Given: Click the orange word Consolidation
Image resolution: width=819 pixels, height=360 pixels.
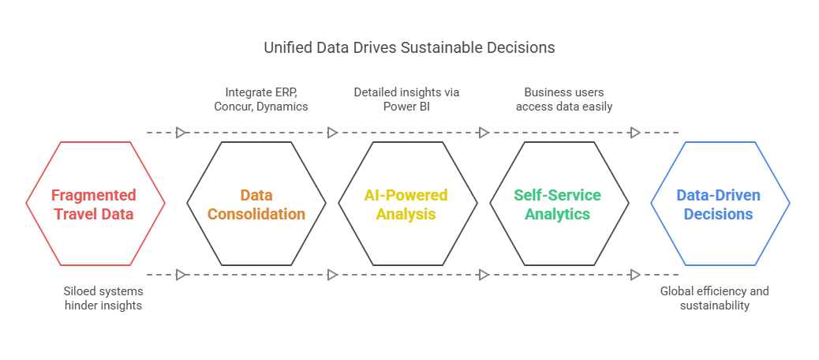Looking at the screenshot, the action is pyautogui.click(x=256, y=214).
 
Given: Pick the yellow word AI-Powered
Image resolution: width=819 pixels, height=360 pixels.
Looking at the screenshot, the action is pyautogui.click(x=406, y=196).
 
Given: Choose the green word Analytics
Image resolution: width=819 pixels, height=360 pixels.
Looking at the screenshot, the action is pyautogui.click(x=558, y=214).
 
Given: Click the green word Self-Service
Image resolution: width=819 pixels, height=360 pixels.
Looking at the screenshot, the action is pyautogui.click(x=557, y=196).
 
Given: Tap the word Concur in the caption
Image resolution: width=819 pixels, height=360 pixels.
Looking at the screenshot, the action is pyautogui.click(x=232, y=107).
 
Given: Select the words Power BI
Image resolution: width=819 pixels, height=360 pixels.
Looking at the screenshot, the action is pyautogui.click(x=406, y=107).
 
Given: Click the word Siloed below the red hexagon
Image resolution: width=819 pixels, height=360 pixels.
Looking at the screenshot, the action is pyautogui.click(x=80, y=291).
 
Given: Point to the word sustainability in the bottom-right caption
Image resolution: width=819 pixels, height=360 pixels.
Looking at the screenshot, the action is pyautogui.click(x=715, y=306).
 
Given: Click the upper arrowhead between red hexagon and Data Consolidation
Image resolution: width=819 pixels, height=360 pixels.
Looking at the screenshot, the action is pyautogui.click(x=181, y=133).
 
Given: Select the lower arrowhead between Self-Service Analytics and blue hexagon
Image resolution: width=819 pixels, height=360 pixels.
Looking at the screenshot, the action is pyautogui.click(x=635, y=275).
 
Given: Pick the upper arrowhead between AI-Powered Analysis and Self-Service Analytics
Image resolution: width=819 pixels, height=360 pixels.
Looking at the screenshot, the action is pyautogui.click(x=484, y=133).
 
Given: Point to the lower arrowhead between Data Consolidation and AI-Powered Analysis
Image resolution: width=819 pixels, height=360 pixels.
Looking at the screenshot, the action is pyautogui.click(x=332, y=275).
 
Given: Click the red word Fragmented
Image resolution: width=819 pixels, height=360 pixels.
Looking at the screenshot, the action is pyautogui.click(x=94, y=196).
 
